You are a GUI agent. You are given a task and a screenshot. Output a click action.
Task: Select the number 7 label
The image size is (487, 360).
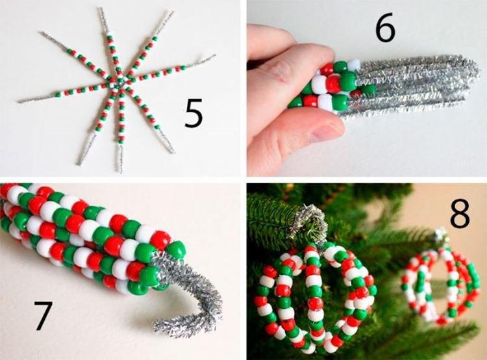pos(43,316)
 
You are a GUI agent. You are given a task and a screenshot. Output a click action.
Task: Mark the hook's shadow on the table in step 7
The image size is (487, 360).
pos(214,325)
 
